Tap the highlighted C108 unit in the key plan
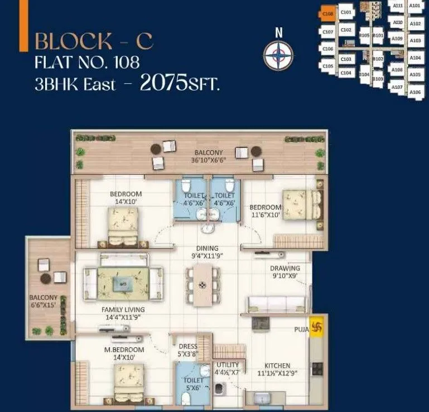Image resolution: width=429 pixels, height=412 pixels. [328, 12]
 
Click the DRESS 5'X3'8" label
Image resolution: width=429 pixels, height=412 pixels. [188, 349]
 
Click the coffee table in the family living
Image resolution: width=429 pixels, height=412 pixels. [122, 284]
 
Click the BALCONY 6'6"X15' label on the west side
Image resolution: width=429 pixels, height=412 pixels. [44, 301]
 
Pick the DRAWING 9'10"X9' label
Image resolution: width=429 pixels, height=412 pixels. [285, 271]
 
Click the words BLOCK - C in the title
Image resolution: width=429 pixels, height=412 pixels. [94, 41]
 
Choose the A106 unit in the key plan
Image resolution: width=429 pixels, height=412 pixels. [414, 92]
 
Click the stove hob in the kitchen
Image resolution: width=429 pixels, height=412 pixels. [317, 368]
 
